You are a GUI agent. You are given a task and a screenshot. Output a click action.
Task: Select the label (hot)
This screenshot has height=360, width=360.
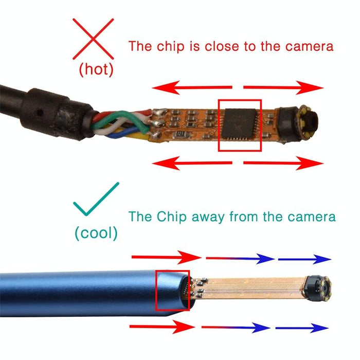pos(96,70)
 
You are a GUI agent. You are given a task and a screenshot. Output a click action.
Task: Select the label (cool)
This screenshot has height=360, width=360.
pos(96,232)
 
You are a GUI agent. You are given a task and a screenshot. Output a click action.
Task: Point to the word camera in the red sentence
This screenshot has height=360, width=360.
pos(306,46)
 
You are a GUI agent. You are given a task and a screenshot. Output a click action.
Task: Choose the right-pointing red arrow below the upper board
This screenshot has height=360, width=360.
pos(283,164)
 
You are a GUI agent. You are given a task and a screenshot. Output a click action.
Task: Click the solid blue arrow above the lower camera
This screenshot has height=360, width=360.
pos(304,259)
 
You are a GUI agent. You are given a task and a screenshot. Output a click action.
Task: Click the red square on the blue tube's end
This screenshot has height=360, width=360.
pos(172,291)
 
